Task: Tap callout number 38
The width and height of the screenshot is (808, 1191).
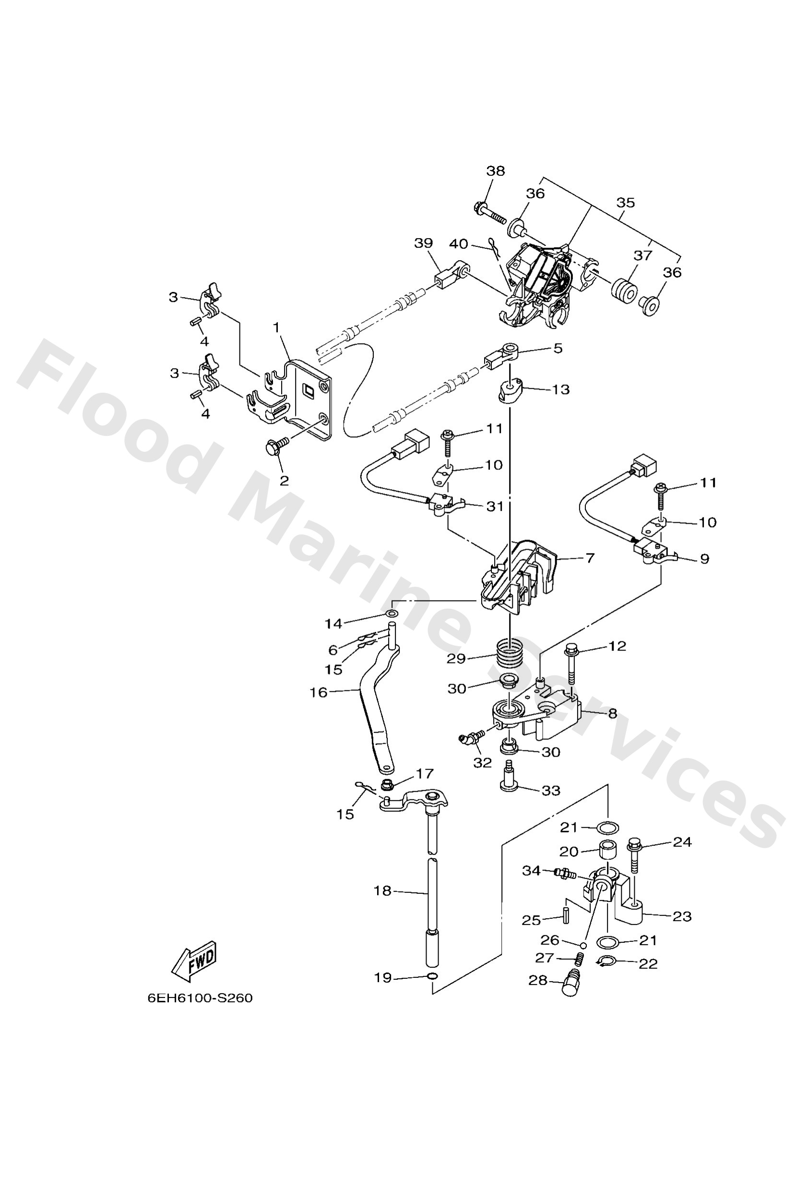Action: point(496,170)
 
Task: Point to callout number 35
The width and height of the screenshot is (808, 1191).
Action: point(625,203)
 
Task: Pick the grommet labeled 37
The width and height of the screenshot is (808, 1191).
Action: point(624,290)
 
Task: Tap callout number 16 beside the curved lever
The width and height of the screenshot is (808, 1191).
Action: point(318,692)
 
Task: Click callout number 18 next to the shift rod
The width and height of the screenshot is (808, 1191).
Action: point(383,890)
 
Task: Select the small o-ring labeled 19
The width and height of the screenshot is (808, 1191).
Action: point(432,975)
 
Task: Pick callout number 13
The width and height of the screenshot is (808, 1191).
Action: point(561,389)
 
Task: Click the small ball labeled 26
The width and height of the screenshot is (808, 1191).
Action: point(583,943)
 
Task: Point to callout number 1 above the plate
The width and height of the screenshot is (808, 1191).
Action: point(277,327)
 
